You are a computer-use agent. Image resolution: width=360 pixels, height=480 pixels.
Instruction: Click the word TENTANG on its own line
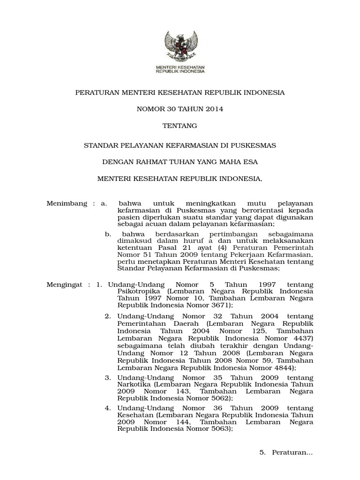pos(180,126)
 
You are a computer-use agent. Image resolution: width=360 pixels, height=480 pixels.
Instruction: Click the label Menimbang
pos(67,203)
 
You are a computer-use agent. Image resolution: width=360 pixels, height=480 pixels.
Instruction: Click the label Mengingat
pos(65,285)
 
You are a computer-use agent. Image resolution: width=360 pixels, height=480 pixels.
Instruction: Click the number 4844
pos(285,368)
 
